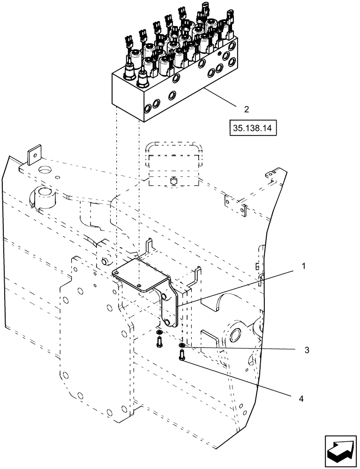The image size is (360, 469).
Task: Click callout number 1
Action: pos(304,266)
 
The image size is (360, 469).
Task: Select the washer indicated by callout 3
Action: pos(181,348)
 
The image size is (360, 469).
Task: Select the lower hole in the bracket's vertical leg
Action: pos(168,322)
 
